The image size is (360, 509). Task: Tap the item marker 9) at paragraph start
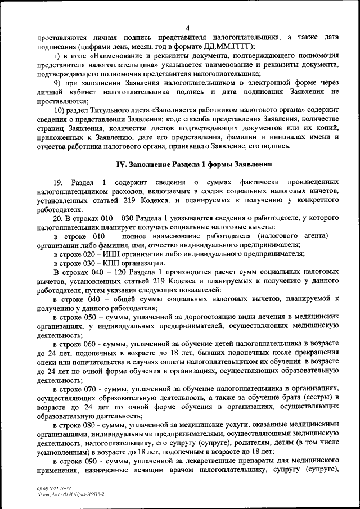(x=57, y=83)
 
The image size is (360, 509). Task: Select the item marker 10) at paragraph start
(x=59, y=110)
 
